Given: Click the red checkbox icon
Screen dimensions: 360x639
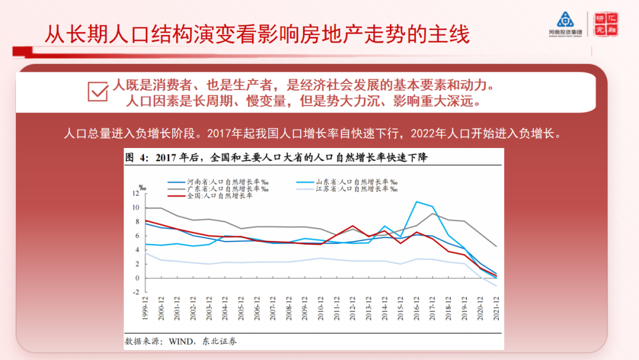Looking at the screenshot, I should coord(98,91).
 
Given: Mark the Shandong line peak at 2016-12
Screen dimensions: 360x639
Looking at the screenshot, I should coord(417,202).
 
